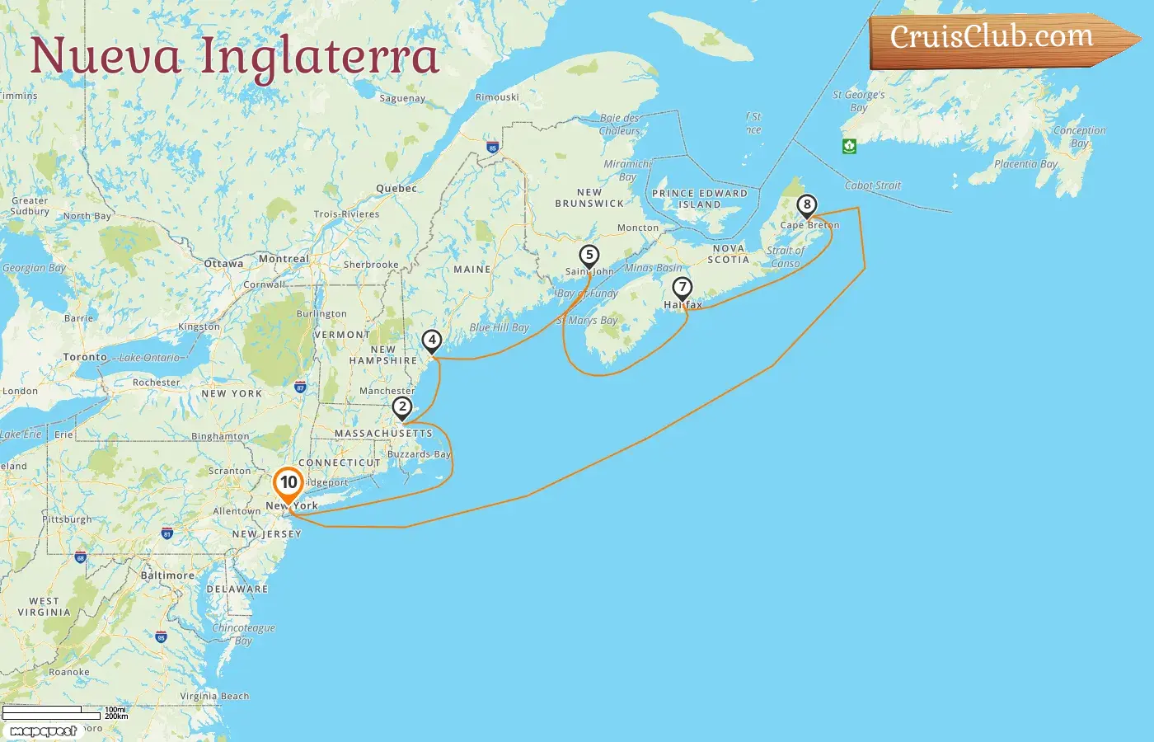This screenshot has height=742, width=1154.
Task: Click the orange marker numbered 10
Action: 288,483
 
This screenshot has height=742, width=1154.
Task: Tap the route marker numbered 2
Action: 402,406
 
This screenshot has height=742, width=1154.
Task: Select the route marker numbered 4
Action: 432,340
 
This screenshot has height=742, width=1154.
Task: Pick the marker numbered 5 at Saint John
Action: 589,255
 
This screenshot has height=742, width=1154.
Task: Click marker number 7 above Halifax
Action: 682,288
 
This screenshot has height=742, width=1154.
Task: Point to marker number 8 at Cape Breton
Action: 807,204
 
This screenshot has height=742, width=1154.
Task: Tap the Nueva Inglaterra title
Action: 235,56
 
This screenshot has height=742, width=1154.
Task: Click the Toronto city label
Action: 85,357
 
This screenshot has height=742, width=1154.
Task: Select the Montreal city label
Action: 284,259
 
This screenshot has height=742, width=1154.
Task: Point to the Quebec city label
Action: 396,189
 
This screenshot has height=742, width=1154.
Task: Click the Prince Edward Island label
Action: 700,199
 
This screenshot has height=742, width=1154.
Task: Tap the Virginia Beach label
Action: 214,696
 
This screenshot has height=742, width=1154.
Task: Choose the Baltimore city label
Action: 167,575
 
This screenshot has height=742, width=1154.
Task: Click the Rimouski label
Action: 497,97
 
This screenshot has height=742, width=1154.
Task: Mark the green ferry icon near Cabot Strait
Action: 849,146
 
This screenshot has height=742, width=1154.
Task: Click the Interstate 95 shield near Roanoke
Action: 161,636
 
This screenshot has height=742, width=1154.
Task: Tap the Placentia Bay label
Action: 1025,164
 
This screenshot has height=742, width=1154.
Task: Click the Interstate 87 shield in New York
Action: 300,387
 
